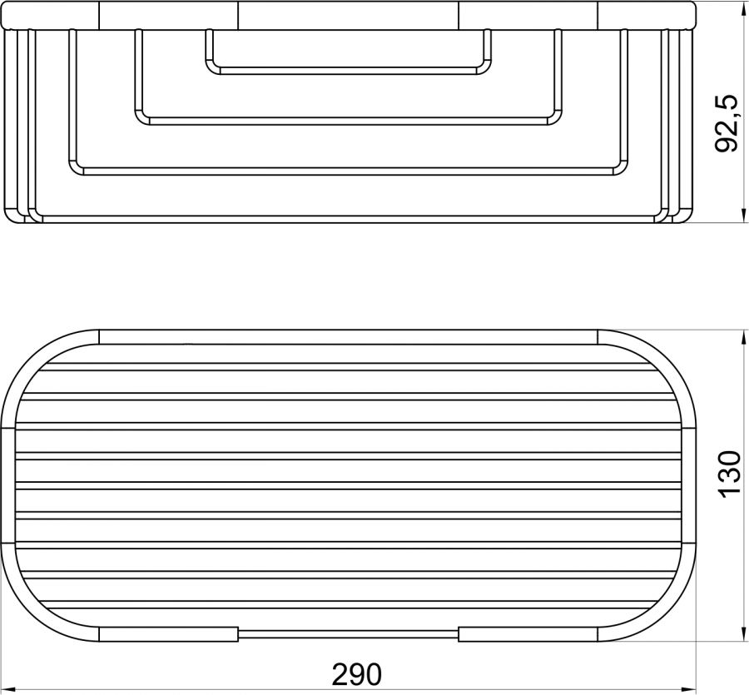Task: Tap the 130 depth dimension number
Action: tap(729, 474)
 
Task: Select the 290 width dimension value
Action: tap(357, 674)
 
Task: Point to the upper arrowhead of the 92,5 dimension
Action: tap(744, 8)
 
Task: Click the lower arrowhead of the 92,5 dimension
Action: tap(744, 215)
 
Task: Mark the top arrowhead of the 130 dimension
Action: tap(744, 337)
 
